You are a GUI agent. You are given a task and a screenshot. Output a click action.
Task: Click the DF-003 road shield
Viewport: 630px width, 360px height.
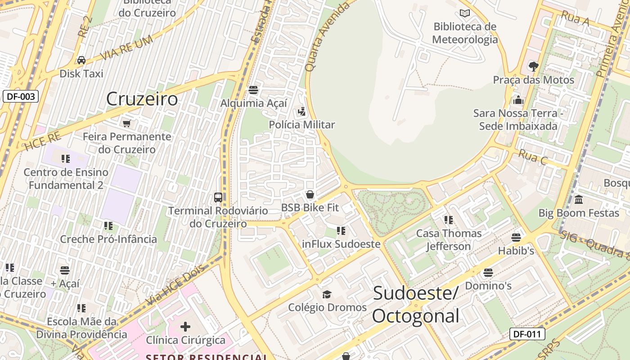point(21,96)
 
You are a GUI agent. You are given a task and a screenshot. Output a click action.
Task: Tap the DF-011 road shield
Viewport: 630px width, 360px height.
point(527,334)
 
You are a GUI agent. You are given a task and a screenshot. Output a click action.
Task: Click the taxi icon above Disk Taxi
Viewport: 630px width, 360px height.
point(81,60)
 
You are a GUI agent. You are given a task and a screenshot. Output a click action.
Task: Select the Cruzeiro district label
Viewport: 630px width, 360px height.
point(142,99)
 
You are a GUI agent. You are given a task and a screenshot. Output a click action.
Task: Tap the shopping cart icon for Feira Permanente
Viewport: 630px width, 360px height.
point(127,123)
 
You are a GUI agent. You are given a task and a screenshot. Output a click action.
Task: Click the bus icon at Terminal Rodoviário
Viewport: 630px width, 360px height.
point(218,198)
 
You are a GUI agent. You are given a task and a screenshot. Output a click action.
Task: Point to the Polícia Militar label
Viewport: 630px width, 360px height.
point(302,125)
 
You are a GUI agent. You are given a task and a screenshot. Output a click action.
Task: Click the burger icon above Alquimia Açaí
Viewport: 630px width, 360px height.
point(253,90)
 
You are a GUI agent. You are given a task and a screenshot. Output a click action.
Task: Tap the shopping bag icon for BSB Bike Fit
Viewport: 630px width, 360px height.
point(310,195)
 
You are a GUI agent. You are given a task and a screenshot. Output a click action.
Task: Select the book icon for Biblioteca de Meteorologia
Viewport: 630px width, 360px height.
point(465,13)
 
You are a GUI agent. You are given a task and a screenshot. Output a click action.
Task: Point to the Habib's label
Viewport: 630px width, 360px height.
point(516,251)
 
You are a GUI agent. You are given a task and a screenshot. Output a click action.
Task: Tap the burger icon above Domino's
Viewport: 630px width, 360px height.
point(488,273)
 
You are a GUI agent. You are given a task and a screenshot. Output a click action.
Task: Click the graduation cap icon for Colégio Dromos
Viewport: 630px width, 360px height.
point(327,294)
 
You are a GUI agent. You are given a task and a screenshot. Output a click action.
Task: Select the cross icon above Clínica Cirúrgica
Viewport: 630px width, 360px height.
point(185,327)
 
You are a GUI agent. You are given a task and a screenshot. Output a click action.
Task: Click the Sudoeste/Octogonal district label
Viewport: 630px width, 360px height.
point(415,304)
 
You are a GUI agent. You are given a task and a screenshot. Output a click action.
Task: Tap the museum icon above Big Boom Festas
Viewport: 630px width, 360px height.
point(579,199)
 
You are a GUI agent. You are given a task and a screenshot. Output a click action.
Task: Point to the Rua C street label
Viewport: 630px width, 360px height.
point(533,157)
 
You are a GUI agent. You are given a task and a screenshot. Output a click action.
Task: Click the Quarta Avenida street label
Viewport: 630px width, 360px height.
point(327,37)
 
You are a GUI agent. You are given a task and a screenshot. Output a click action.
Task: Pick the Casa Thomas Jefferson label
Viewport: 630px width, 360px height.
point(449,240)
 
